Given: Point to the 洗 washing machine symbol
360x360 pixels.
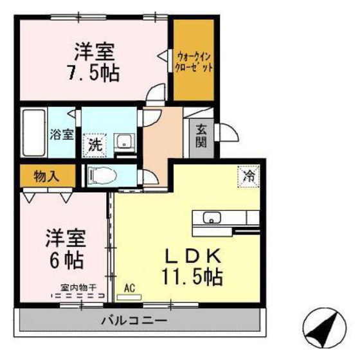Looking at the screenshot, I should pos(94,143).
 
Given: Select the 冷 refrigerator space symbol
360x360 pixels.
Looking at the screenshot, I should pos(248,174).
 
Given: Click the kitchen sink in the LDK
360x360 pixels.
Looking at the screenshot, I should pos(212,217).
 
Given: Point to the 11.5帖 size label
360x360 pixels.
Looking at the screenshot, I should pos(192,278).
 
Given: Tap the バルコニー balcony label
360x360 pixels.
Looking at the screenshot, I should pos(134,320).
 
